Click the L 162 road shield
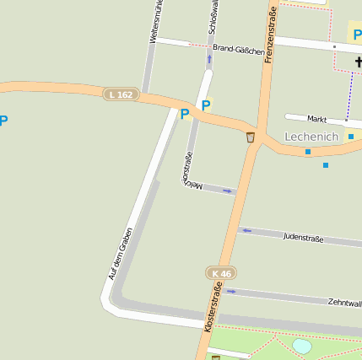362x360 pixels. (x=121, y=94)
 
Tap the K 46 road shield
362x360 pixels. (x=221, y=273)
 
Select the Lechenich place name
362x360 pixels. (x=311, y=137)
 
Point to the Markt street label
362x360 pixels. (x=316, y=120)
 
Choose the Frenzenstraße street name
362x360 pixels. (x=271, y=35)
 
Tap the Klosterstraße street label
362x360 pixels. (x=213, y=308)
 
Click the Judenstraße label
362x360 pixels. (x=303, y=238)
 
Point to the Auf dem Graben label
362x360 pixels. (x=121, y=253)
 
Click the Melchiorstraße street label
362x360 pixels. (x=189, y=168)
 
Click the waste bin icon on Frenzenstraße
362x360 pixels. (x=251, y=137)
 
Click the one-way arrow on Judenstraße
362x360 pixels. (x=246, y=230)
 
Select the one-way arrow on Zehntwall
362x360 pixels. (x=231, y=292)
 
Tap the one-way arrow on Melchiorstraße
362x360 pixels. (x=226, y=191)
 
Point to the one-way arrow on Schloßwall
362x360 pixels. (x=209, y=59)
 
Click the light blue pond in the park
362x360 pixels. (x=302, y=346)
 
